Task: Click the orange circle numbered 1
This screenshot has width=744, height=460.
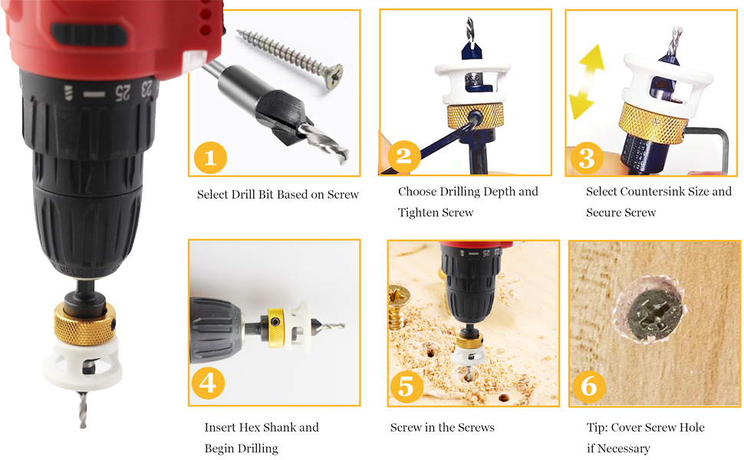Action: [210, 157]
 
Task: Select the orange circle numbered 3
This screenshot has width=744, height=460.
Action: [587, 158]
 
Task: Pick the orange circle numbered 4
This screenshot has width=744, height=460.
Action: [208, 383]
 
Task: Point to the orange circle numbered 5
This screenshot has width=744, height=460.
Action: [407, 386]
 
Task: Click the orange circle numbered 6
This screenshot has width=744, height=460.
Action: [589, 386]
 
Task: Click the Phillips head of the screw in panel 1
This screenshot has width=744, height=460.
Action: [334, 76]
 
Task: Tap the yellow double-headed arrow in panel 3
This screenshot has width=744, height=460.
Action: [587, 82]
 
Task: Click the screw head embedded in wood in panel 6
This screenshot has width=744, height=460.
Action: [655, 314]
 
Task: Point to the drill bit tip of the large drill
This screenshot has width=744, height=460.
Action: [83, 426]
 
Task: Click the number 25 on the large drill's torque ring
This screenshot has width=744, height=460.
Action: [123, 93]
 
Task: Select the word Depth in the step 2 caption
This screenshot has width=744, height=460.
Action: [499, 192]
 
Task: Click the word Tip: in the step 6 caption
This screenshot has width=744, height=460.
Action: [597, 427]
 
